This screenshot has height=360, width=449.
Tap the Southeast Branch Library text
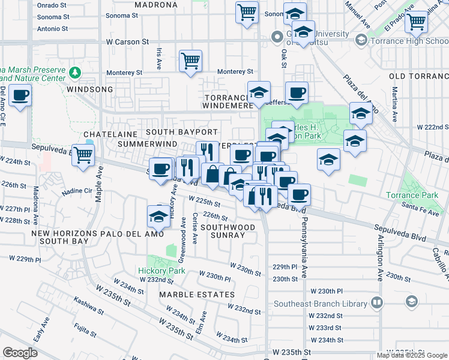pyautogui.click(x=321, y=303)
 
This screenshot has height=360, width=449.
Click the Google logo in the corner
pyautogui.click(x=20, y=353)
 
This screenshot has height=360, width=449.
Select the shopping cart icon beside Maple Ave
pyautogui.click(x=82, y=155)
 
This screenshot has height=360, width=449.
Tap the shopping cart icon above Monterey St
pyautogui.click(x=190, y=60)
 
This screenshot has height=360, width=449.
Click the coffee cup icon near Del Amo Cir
pyautogui.click(x=20, y=95)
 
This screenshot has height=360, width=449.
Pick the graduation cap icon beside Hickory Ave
pyautogui.click(x=159, y=216)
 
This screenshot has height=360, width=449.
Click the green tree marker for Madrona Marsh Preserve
pyautogui.click(x=75, y=73)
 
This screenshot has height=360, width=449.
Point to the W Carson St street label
pyautogui.click(x=127, y=42)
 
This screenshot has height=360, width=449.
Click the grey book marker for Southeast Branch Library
pyautogui.click(x=377, y=302)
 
